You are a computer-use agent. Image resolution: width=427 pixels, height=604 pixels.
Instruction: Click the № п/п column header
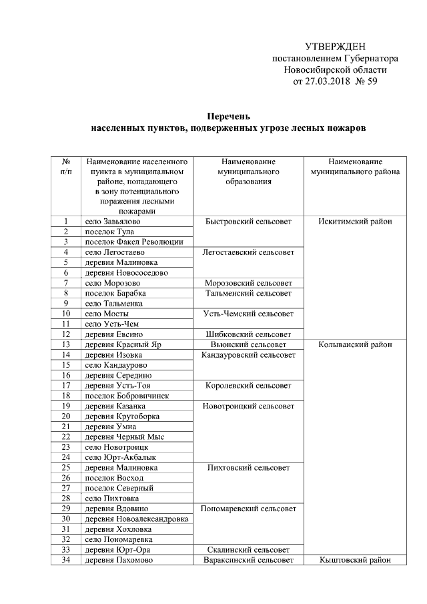pyautogui.click(x=66, y=167)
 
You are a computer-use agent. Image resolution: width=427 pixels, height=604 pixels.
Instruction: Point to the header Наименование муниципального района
pyautogui.click(x=355, y=167)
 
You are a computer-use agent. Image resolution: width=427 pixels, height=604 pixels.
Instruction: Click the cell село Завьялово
pyautogui.click(x=113, y=221)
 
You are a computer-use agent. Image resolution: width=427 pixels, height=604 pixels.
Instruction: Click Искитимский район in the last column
pyautogui.click(x=355, y=221)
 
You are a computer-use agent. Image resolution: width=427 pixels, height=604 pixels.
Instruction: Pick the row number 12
pyautogui.click(x=66, y=334)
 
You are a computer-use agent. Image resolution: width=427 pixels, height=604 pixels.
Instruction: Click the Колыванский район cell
pyautogui.click(x=355, y=344)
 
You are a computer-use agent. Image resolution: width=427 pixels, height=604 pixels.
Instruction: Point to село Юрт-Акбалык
pyautogui.click(x=117, y=457)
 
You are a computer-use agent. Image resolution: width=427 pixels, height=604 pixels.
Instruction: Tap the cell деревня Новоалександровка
pyautogui.click(x=136, y=519)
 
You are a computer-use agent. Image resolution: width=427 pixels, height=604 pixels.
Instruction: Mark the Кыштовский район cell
pyautogui.click(x=355, y=560)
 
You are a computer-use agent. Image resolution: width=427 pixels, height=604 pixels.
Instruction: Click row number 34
pyautogui.click(x=66, y=560)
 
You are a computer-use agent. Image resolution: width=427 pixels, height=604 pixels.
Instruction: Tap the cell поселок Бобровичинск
pyautogui.click(x=126, y=396)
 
